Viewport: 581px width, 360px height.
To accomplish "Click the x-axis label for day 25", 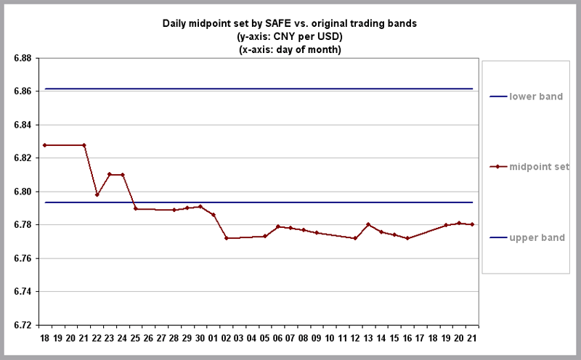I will click(x=135, y=338).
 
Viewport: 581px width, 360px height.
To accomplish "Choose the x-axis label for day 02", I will click(x=227, y=338).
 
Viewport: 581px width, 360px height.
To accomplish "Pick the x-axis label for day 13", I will click(x=368, y=338).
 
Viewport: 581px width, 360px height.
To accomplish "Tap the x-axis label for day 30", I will click(x=200, y=338).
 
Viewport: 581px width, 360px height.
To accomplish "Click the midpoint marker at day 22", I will click(x=97, y=195).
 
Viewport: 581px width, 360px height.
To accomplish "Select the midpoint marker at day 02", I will click(x=227, y=238).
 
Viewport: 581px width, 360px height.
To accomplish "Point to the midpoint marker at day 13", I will click(x=368, y=224).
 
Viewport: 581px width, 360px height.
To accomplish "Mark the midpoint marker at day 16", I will click(x=407, y=238).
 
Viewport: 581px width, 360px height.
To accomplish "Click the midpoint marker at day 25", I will click(x=135, y=208).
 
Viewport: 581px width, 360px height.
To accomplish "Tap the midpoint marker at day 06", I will click(x=278, y=226).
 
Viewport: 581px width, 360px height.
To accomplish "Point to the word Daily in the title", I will click(x=174, y=24).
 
